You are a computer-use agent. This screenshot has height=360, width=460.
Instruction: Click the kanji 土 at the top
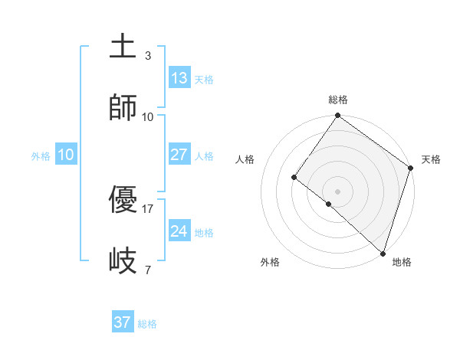pyautogui.click(x=123, y=47)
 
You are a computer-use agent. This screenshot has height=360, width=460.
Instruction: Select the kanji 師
pyautogui.click(x=123, y=108)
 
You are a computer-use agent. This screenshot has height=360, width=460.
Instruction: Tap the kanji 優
pyautogui.click(x=123, y=201)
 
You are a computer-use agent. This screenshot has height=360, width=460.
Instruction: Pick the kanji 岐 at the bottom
pyautogui.click(x=123, y=261)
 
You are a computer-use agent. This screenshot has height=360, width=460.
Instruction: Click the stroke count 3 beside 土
pyautogui.click(x=148, y=56)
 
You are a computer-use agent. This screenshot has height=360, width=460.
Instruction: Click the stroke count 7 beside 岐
pyautogui.click(x=148, y=270)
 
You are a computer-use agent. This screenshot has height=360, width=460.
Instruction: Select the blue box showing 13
pyautogui.click(x=179, y=78)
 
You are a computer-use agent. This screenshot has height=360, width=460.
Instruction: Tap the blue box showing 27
pyautogui.click(x=179, y=155)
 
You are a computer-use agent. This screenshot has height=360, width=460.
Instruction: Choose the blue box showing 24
pyautogui.click(x=179, y=231)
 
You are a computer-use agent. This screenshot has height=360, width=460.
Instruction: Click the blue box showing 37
pyautogui.click(x=122, y=322)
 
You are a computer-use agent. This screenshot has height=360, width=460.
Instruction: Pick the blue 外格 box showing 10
pyautogui.click(x=66, y=155)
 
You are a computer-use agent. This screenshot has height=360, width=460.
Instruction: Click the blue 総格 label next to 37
pyautogui.click(x=147, y=324)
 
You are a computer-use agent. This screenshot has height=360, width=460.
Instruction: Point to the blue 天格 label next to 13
pyautogui.click(x=204, y=80)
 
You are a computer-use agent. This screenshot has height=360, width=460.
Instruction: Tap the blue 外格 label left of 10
pyautogui.click(x=41, y=156)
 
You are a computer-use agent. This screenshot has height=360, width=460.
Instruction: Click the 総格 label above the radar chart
pyautogui.click(x=338, y=100)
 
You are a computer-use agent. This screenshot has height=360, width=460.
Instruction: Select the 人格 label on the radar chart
pyautogui.click(x=245, y=159)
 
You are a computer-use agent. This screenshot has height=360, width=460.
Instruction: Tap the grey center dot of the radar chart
pyautogui.click(x=337, y=191)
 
